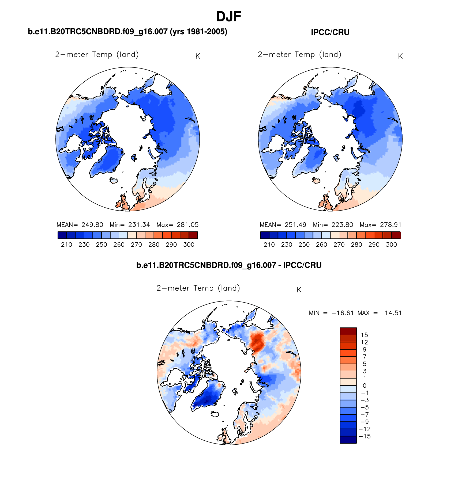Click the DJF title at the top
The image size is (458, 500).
point(228,17)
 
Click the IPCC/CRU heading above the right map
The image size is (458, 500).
point(330,32)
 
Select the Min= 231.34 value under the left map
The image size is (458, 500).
point(130,225)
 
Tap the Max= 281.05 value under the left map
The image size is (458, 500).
point(178,225)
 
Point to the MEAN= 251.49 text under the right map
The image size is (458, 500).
point(283,225)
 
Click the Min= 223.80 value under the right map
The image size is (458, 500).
point(333,225)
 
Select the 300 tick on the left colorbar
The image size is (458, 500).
point(189,245)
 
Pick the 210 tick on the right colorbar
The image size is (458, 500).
point(269,245)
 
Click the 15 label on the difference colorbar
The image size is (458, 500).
point(364,335)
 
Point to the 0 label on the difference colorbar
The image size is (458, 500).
point(364,386)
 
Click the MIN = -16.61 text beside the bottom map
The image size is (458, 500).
point(331,313)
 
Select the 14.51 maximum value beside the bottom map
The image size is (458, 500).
point(393,313)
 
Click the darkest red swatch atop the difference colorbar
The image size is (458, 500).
point(348,331)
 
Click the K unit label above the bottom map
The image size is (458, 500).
point(299,290)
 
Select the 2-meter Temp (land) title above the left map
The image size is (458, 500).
point(97,55)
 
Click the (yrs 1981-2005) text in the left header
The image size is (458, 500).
point(198,32)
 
